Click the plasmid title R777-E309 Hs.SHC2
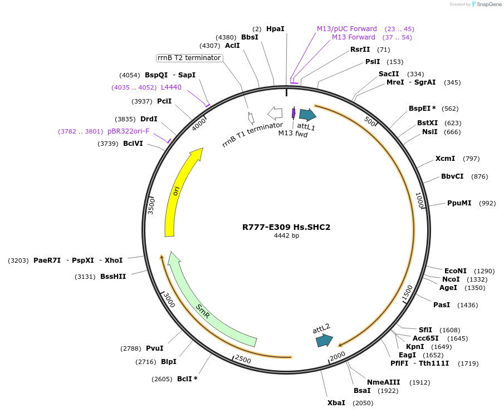pyautogui.click(x=286, y=227)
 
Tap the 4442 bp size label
pyautogui.click(x=286, y=236)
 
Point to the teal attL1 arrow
pyautogui.click(x=307, y=115)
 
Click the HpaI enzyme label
pyautogui.click(x=275, y=28)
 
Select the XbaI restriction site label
pyautogui.click(x=336, y=402)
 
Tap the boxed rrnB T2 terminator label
pyautogui.click(x=189, y=58)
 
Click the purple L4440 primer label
pyautogui.click(x=171, y=87)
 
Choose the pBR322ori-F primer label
pyautogui.click(x=128, y=131)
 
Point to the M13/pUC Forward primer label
pyautogui.click(x=346, y=28)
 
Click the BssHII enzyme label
pyautogui.click(x=113, y=276)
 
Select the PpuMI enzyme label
pyautogui.click(x=459, y=203)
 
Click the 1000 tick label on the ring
pyautogui.click(x=420, y=200)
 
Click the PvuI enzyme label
pyautogui.click(x=154, y=348)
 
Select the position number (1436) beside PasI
pyautogui.click(x=467, y=305)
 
